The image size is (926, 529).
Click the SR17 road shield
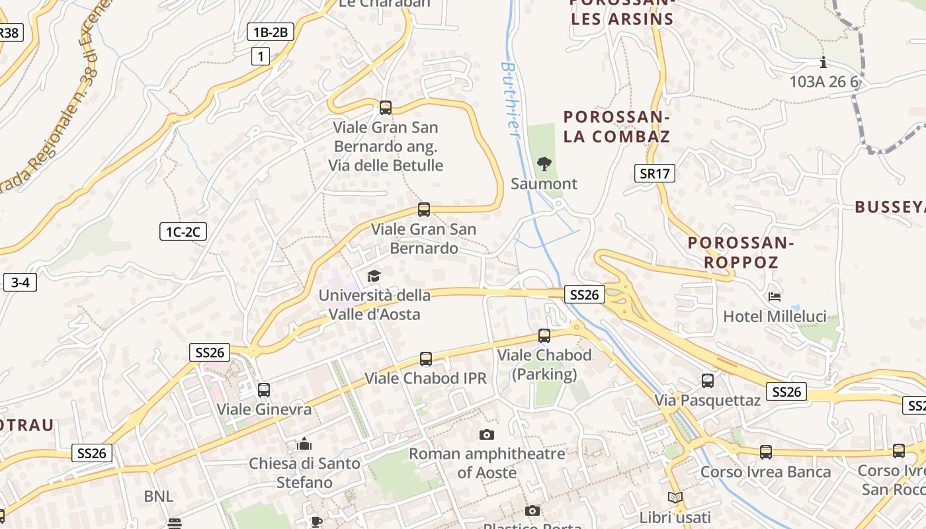coord(655,174)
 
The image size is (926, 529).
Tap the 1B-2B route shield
coord(270,32)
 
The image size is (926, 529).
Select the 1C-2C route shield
coord(183,231)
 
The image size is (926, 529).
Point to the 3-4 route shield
coord(20,282)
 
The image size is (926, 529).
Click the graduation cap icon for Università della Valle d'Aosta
coord(374,276)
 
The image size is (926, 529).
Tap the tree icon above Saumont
coord(544,163)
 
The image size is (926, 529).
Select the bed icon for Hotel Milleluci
coord(775,297)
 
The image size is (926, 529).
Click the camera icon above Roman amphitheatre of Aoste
coord(487,434)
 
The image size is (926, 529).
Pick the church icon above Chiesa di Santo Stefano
coord(304,444)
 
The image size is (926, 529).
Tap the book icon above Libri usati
coord(675,498)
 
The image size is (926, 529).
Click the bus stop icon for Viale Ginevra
coord(264,390)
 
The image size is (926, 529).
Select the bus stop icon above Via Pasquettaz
coord(708,381)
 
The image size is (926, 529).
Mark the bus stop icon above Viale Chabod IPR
coord(426,359)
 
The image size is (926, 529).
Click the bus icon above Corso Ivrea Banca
coord(765,452)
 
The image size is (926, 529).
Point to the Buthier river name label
coord(510,99)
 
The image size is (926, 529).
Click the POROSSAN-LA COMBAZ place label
coord(616,127)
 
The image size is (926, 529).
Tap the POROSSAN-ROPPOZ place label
coord(741,252)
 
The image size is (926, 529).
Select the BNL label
coord(159,496)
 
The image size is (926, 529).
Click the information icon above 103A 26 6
coord(823,63)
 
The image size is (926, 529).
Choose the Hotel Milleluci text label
coord(775,317)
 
